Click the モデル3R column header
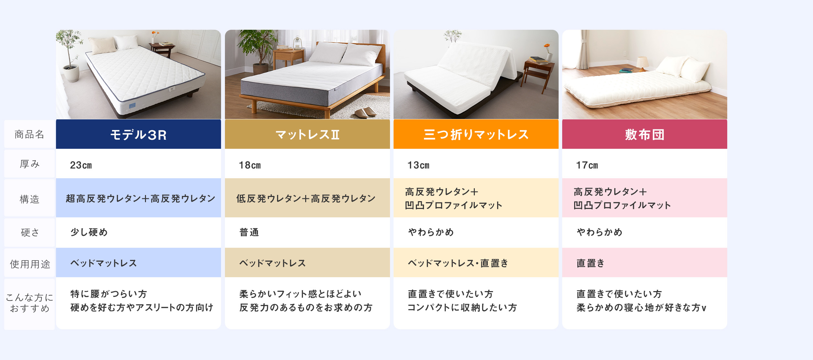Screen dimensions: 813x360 pos(139,134)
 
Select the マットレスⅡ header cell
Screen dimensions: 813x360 pos(307,134)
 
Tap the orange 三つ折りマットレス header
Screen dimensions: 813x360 pos(476,134)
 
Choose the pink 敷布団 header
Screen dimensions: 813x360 pos(645,134)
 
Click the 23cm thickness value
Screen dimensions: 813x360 pos(81,165)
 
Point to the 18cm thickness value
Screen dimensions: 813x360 pos(250,165)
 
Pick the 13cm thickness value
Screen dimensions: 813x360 pos(418,165)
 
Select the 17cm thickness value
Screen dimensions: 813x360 pos(587,165)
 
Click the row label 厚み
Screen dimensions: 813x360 pos(30,164)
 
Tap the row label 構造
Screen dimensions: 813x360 pos(30,199)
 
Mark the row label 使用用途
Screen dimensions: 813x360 pos(30,264)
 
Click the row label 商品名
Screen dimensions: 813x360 pos(29,134)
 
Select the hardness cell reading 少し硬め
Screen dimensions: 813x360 pos(89,232)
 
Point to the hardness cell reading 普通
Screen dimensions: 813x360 pos(249,232)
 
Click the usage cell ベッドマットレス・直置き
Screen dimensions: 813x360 pos(458,263)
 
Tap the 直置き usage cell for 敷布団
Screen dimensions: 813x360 pos(591,263)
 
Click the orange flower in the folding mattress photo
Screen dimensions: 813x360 pos(547,46)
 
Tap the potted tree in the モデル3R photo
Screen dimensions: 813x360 pos(69,55)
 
